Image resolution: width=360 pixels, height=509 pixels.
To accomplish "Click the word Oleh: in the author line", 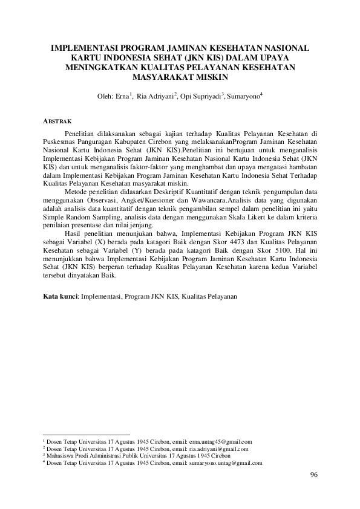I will coord(105,97).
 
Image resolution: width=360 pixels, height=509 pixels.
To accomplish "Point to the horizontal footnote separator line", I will coord(87,434).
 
